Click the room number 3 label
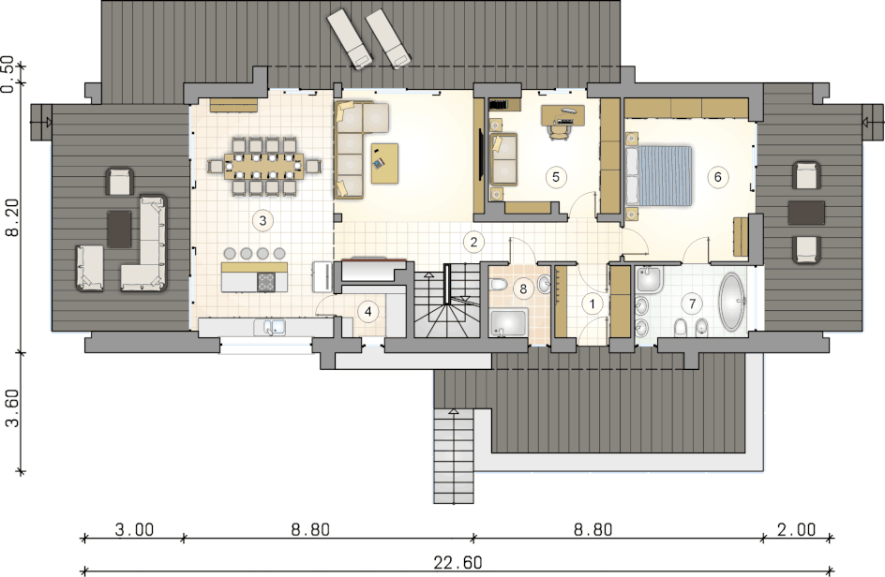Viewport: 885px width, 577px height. click(x=262, y=220)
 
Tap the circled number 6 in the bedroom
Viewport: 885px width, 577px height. click(x=717, y=177)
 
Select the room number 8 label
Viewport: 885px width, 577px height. click(x=523, y=289)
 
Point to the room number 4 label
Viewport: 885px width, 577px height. click(x=368, y=311)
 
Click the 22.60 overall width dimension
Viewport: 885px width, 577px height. click(x=457, y=562)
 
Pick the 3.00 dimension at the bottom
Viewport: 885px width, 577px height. click(x=134, y=529)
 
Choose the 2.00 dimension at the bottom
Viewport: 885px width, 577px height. click(x=796, y=529)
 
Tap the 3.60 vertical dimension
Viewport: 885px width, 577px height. click(x=12, y=407)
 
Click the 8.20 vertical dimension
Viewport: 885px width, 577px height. click(x=12, y=217)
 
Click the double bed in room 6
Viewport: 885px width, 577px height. click(x=659, y=175)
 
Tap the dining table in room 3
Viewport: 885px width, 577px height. click(x=264, y=166)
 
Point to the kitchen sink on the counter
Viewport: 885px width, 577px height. click(x=270, y=327)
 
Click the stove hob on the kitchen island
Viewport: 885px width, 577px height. click(x=266, y=282)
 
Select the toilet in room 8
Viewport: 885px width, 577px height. click(x=499, y=285)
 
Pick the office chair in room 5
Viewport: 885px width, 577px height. click(x=558, y=130)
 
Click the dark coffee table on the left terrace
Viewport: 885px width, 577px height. click(x=119, y=229)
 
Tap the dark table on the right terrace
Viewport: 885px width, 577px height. click(x=806, y=213)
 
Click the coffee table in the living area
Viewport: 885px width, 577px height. click(x=385, y=164)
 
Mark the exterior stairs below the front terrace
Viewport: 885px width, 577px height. click(x=454, y=456)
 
